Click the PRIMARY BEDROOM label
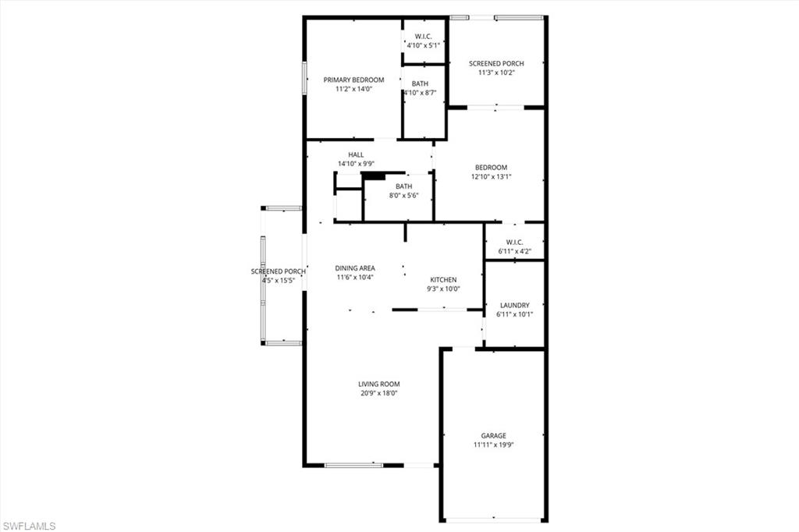pyautogui.click(x=353, y=80)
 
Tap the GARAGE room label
pyautogui.click(x=494, y=436)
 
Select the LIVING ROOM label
pyautogui.click(x=379, y=385)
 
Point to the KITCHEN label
pyautogui.click(x=443, y=280)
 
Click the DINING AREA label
pyautogui.click(x=355, y=268)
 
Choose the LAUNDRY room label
pyautogui.click(x=515, y=305)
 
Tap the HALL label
pyautogui.click(x=356, y=155)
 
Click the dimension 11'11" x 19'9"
pyautogui.click(x=494, y=445)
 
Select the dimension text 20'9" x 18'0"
pyautogui.click(x=379, y=393)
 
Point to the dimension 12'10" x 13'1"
pyautogui.click(x=492, y=177)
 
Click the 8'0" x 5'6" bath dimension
pyautogui.click(x=404, y=196)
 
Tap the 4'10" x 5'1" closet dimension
pyautogui.click(x=424, y=45)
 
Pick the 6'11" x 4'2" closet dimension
pyautogui.click(x=515, y=251)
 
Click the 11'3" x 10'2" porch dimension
pyautogui.click(x=496, y=73)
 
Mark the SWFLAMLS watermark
pyautogui.click(x=29, y=526)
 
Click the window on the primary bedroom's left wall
pyautogui.click(x=304, y=78)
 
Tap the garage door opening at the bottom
pyautogui.click(x=494, y=520)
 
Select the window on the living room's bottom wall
pyautogui.click(x=353, y=465)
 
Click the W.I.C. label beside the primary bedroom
pyautogui.click(x=424, y=37)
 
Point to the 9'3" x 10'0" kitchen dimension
pyautogui.click(x=443, y=289)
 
